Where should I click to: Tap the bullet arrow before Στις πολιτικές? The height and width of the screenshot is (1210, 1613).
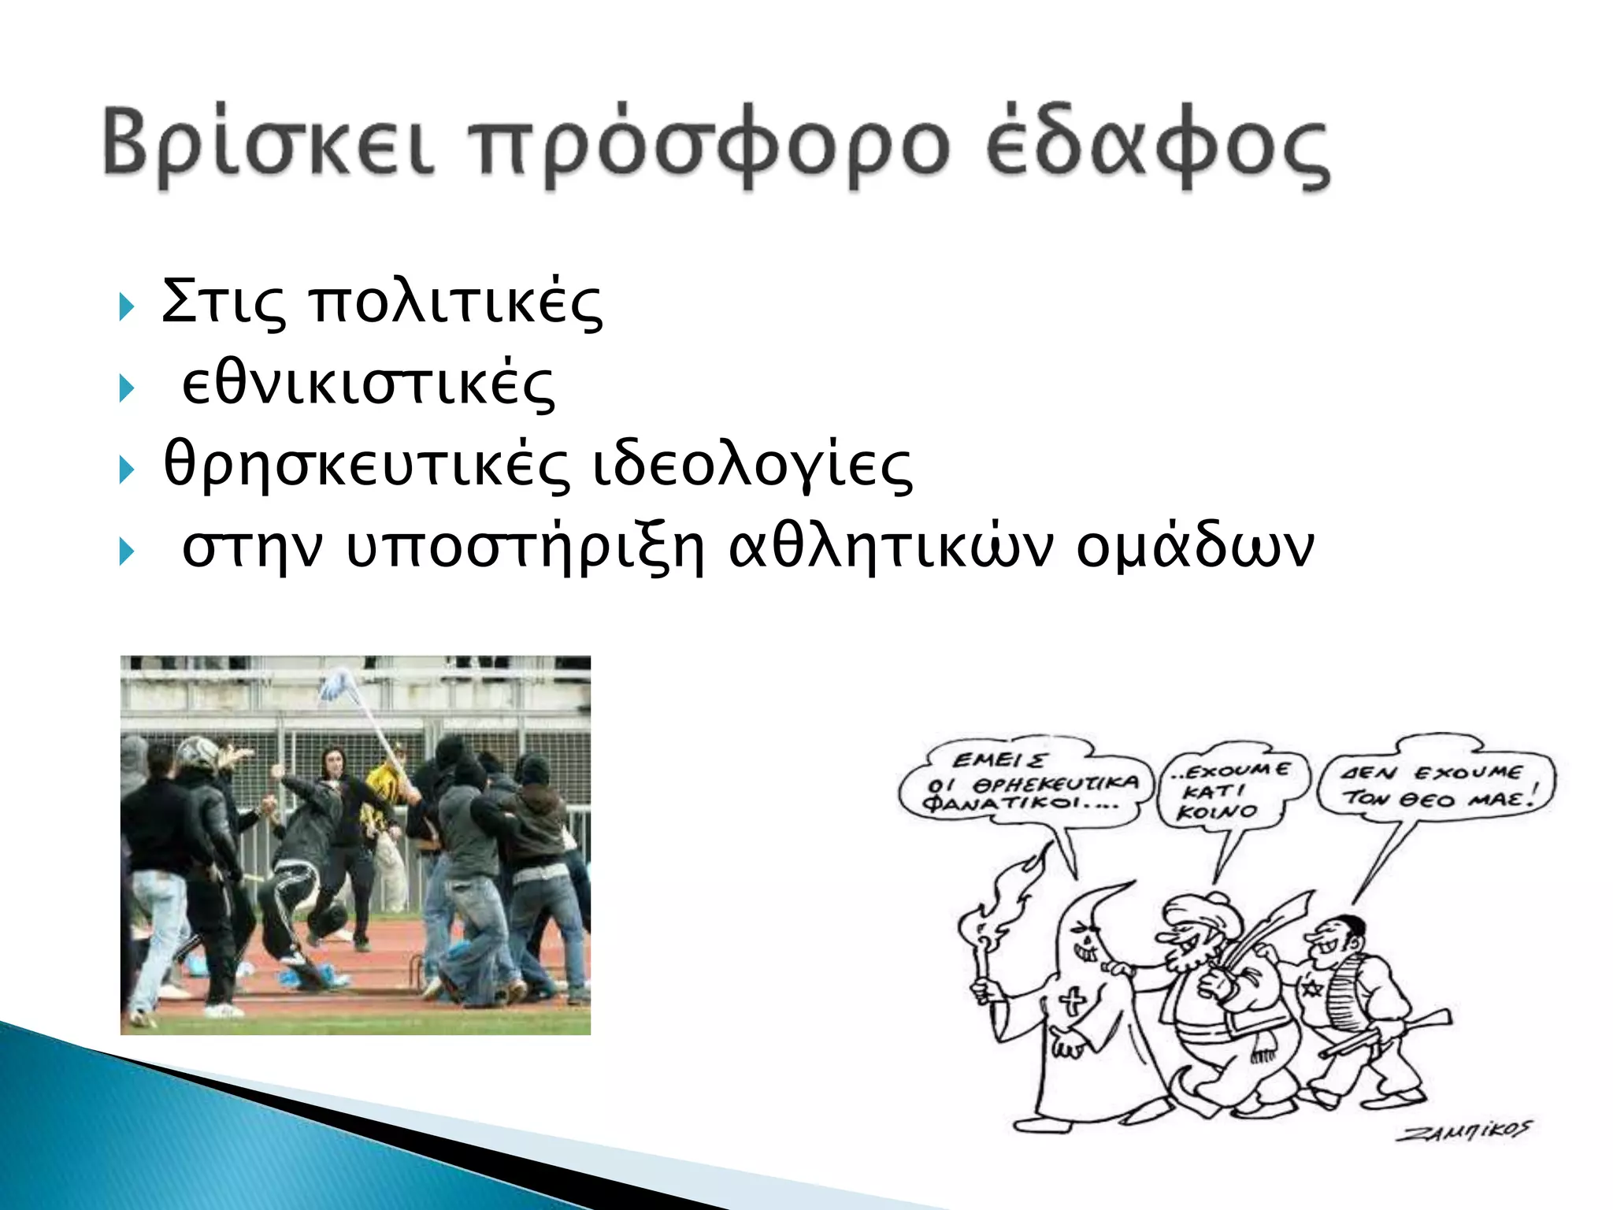pos(126,306)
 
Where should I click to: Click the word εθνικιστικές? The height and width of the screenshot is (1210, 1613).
pos(368,385)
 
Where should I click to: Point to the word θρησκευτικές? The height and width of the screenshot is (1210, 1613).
pos(366,466)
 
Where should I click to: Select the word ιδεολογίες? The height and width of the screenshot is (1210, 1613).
pos(752,466)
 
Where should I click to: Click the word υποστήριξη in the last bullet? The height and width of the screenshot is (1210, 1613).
pos(525,547)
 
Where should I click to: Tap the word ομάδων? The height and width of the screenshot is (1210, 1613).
pos(1195,547)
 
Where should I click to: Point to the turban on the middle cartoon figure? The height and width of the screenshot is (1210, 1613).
pos(1205,914)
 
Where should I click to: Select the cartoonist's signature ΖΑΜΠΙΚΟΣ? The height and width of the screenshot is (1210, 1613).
pos(1463,1131)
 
